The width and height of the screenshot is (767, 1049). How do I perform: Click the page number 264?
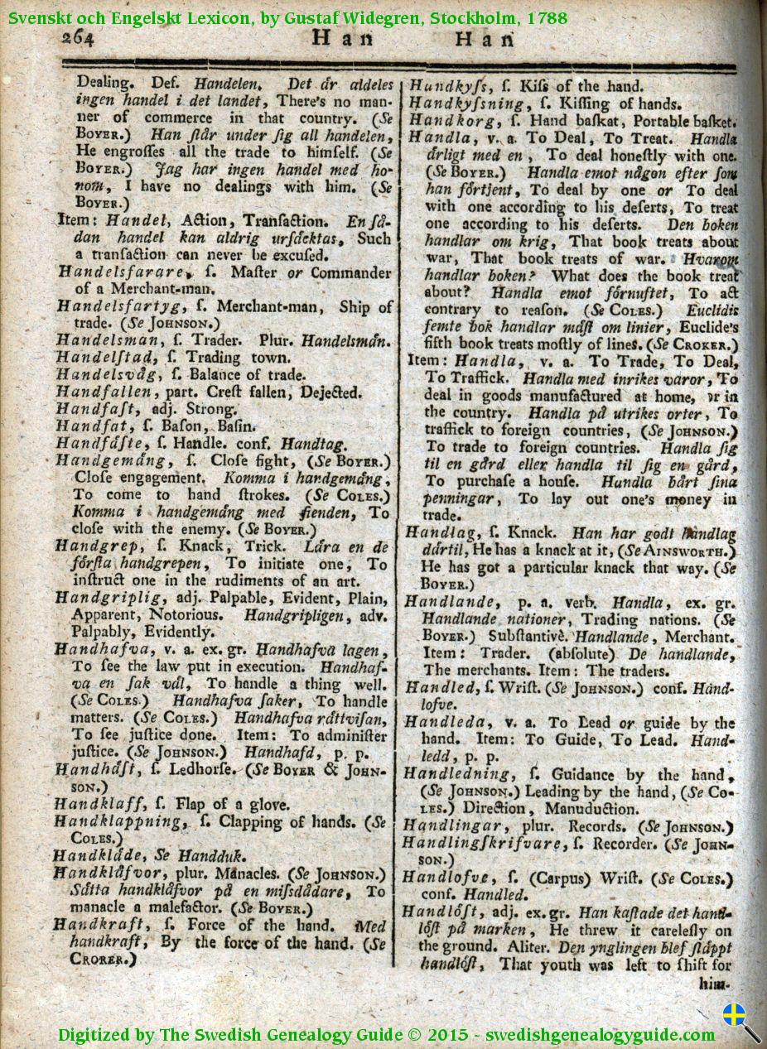pyautogui.click(x=80, y=38)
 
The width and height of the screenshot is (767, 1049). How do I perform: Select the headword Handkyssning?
pyautogui.click(x=468, y=103)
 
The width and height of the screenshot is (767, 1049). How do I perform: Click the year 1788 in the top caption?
pyautogui.click(x=544, y=17)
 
